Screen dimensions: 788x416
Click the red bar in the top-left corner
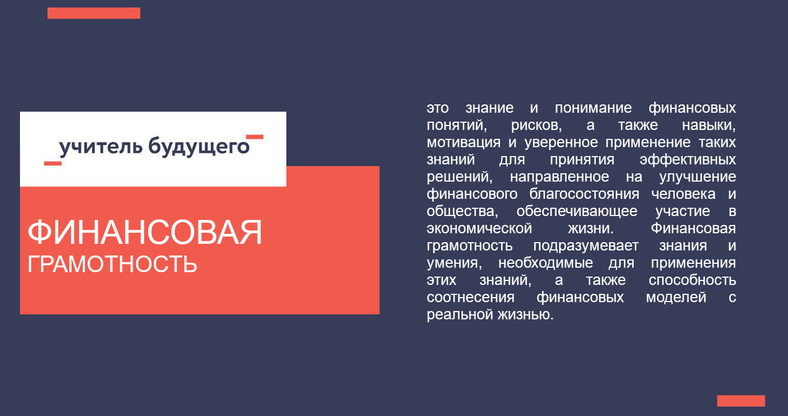[94, 13]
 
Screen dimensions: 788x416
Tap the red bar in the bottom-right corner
[741, 401]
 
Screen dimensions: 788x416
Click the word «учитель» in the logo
[100, 147]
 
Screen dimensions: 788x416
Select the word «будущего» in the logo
[199, 147]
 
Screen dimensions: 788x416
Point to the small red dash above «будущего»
[255, 137]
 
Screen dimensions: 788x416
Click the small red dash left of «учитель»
[53, 163]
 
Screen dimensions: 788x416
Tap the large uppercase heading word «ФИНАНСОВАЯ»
[145, 232]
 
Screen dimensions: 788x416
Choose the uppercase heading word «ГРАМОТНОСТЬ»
[112, 264]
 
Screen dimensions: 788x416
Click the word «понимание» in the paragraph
[593, 108]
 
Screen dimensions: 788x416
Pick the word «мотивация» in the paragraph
[463, 143]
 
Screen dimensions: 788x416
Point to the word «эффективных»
[688, 159]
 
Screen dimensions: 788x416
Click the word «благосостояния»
[584, 194]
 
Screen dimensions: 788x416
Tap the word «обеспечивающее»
[577, 211]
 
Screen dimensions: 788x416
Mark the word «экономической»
[479, 228]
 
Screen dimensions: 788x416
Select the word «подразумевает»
[585, 245]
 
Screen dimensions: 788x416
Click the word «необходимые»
[545, 263]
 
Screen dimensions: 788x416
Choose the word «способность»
[693, 280]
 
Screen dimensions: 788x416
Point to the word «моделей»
[676, 297]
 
